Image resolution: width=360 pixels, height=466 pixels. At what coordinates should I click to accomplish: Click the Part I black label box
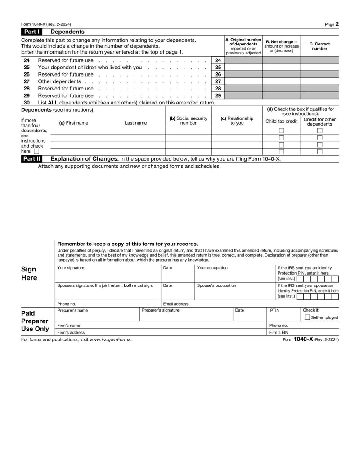[31, 32]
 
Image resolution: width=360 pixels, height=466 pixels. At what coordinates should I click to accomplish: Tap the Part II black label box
[31, 159]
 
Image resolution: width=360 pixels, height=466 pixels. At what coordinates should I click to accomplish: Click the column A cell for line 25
[243, 68]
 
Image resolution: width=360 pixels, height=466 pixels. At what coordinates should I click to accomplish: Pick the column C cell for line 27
[320, 81]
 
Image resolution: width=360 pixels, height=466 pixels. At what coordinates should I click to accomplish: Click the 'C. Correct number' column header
[320, 46]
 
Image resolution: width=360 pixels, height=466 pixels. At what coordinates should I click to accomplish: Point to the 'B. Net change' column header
[281, 46]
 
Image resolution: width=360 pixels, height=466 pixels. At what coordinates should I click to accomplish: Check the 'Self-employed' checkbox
[307, 317]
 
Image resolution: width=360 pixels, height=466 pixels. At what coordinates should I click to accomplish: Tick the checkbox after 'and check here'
[36, 151]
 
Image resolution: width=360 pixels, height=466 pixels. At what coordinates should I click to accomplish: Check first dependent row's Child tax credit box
[282, 131]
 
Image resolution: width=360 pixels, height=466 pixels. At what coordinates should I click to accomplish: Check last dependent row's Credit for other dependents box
[320, 152]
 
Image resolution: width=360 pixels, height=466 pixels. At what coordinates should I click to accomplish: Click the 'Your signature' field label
[71, 268]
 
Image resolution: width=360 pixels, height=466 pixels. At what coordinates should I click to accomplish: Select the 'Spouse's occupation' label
[216, 285]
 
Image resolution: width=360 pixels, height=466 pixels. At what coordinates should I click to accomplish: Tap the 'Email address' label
[175, 304]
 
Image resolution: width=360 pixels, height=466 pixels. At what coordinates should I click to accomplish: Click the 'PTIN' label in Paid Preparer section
[274, 310]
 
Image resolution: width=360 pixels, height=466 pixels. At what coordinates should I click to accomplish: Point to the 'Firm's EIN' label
[279, 332]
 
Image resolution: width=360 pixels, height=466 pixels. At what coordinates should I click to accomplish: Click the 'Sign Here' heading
[29, 273]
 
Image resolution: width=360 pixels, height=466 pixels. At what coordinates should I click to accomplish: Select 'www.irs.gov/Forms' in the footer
[110, 339]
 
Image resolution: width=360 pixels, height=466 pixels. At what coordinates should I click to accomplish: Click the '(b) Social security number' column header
[188, 121]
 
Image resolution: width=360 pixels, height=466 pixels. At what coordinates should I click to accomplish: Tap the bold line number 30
[27, 102]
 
